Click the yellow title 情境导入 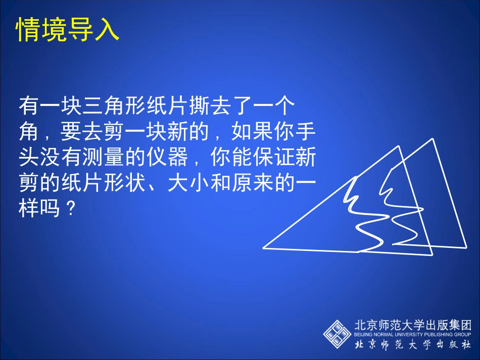click(68, 30)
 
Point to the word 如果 click(251, 132)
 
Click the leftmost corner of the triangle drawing click(264, 248)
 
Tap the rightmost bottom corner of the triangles click(465, 247)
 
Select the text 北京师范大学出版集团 click(412, 324)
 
